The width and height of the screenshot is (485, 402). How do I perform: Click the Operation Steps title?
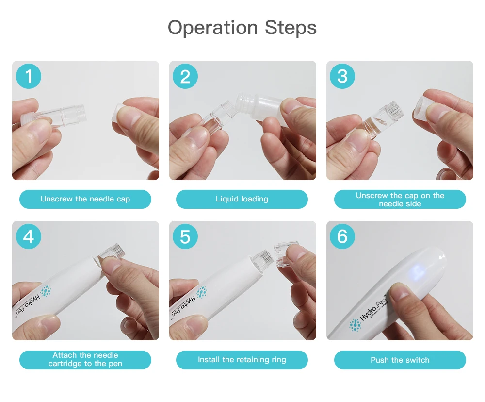pyautogui.click(x=242, y=28)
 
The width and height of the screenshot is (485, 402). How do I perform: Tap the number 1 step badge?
pyautogui.click(x=29, y=77)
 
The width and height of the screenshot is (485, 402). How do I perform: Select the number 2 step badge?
pyautogui.click(x=185, y=77)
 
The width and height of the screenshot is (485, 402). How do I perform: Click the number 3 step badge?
pyautogui.click(x=342, y=77)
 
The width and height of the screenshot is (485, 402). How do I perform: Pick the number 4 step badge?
pyautogui.click(x=29, y=237)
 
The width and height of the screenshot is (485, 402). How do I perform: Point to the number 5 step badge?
pyautogui.click(x=185, y=237)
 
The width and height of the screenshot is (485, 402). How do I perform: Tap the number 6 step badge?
pyautogui.click(x=342, y=237)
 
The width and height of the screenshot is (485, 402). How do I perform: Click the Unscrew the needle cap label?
pyautogui.click(x=85, y=199)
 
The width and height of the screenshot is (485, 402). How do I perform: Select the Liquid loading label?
pyautogui.click(x=242, y=199)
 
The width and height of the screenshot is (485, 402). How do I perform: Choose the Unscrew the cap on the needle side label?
pyautogui.click(x=400, y=200)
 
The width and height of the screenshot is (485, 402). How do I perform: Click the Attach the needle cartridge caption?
pyautogui.click(x=85, y=360)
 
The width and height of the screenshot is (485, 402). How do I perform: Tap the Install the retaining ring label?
pyautogui.click(x=242, y=360)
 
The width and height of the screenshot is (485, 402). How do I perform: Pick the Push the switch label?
pyautogui.click(x=400, y=360)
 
